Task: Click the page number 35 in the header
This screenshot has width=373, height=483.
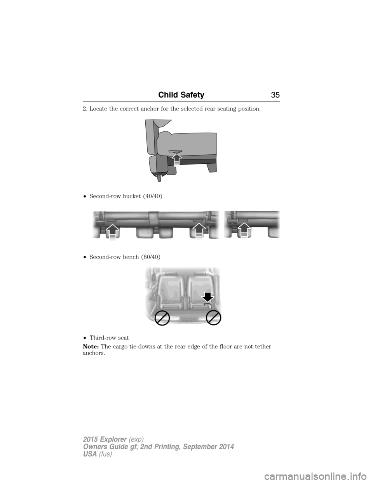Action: point(274,95)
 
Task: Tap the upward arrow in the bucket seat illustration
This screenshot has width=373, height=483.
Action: point(177,159)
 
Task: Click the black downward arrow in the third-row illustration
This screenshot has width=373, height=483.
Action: point(208,297)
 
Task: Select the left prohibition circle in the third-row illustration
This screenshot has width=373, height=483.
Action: point(162,318)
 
